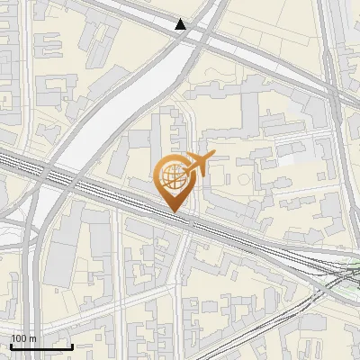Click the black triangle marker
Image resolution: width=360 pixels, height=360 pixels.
[181, 24]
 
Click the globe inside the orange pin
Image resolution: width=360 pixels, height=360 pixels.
[173, 176]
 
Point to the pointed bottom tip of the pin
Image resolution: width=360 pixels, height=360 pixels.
[175, 212]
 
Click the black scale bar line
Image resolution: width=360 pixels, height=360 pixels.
[41, 346]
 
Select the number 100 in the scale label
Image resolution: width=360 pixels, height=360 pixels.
[20, 338]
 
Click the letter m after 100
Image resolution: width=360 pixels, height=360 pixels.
[33, 339]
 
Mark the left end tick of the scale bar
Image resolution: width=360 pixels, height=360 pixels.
[11, 345]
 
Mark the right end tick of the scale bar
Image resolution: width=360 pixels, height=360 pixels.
[73, 345]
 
